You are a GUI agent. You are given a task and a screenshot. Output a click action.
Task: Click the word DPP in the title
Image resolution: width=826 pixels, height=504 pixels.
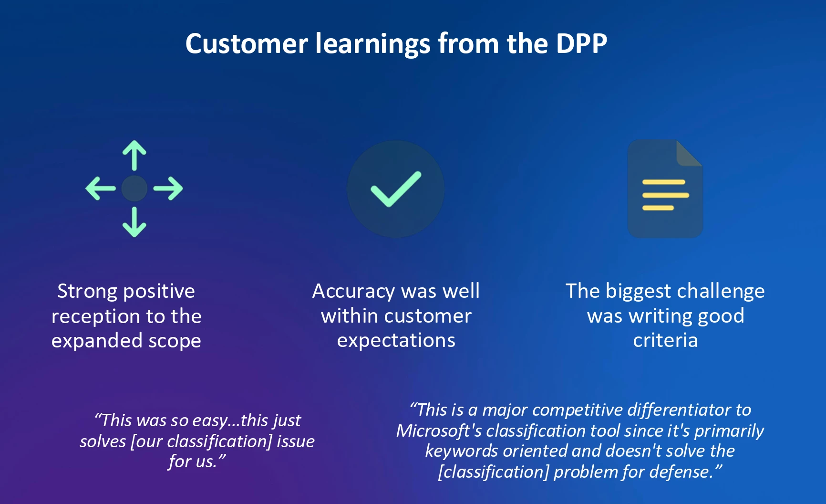(581, 43)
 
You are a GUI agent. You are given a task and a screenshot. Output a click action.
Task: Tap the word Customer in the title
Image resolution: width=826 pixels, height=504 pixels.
(247, 43)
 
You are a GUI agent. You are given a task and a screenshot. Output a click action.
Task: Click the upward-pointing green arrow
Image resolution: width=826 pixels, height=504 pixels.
(134, 155)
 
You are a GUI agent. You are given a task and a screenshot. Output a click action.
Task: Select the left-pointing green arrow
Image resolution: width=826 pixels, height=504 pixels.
(101, 189)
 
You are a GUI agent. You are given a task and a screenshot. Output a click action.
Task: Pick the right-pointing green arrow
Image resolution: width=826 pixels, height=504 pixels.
(168, 189)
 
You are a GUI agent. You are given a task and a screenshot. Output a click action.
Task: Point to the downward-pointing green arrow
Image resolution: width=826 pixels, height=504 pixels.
(134, 222)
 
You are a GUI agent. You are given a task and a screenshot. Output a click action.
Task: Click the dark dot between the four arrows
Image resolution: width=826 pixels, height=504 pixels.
(134, 189)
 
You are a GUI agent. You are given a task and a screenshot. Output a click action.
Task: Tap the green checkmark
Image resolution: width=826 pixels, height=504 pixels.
(396, 189)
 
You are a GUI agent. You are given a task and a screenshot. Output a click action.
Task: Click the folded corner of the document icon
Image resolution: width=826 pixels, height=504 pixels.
(689, 153)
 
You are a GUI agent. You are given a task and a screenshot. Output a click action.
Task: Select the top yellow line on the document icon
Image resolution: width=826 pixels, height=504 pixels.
(664, 182)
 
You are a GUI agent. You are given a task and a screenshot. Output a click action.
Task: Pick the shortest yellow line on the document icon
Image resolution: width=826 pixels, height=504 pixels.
(658, 208)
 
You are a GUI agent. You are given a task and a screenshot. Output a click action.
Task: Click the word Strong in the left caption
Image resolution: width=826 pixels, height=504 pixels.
(86, 292)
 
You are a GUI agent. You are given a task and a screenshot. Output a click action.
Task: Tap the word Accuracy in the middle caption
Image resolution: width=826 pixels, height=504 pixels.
(353, 292)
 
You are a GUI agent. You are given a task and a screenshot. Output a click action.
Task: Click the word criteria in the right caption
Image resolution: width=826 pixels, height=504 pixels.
(665, 340)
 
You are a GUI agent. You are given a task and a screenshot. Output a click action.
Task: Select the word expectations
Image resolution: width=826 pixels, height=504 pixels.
(396, 341)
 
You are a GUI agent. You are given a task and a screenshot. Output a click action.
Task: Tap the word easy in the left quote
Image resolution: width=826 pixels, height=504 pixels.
(210, 420)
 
